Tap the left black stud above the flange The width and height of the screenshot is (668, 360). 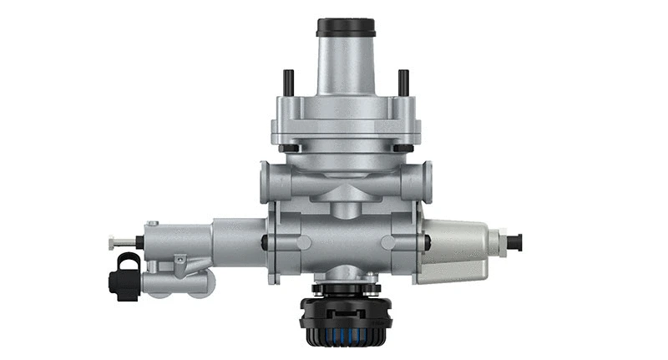click(x=286, y=82)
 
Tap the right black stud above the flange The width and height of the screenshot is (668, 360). click(x=403, y=82)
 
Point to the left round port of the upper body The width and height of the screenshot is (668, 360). click(x=266, y=179)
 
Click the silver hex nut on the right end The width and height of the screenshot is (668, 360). click(x=503, y=243)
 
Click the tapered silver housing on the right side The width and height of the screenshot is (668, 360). click(x=455, y=249)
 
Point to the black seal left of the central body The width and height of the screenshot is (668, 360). click(x=265, y=242)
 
